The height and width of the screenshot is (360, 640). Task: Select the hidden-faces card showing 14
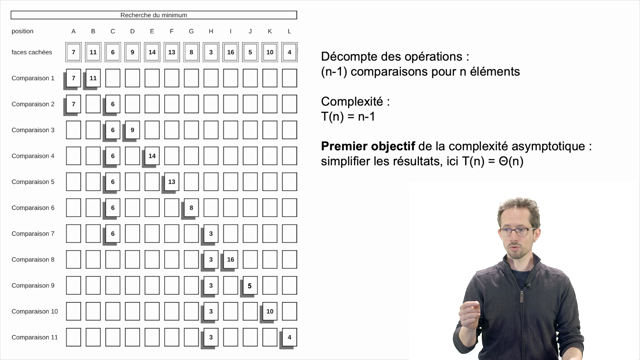(152, 52)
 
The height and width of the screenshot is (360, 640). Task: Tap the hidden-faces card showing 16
(230, 52)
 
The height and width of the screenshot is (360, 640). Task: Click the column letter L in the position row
(289, 31)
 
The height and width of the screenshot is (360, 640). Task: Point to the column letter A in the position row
(73, 31)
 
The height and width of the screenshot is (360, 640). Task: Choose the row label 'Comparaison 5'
(33, 181)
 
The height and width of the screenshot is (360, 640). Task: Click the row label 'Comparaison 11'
(33, 337)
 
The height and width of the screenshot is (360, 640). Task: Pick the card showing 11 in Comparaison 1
(93, 78)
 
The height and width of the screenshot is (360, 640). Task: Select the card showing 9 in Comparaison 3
(132, 130)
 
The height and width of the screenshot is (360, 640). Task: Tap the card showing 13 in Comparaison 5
(171, 181)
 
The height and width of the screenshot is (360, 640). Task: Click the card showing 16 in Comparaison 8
(230, 259)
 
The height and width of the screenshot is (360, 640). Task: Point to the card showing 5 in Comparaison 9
(250, 285)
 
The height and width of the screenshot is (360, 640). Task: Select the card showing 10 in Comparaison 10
(269, 311)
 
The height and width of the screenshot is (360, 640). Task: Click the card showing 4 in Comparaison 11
(289, 337)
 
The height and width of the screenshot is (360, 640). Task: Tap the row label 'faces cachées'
(32, 52)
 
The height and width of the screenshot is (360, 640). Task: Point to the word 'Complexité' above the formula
(353, 101)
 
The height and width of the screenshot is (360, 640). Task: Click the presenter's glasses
(516, 230)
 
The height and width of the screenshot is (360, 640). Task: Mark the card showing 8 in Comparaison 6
(191, 207)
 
